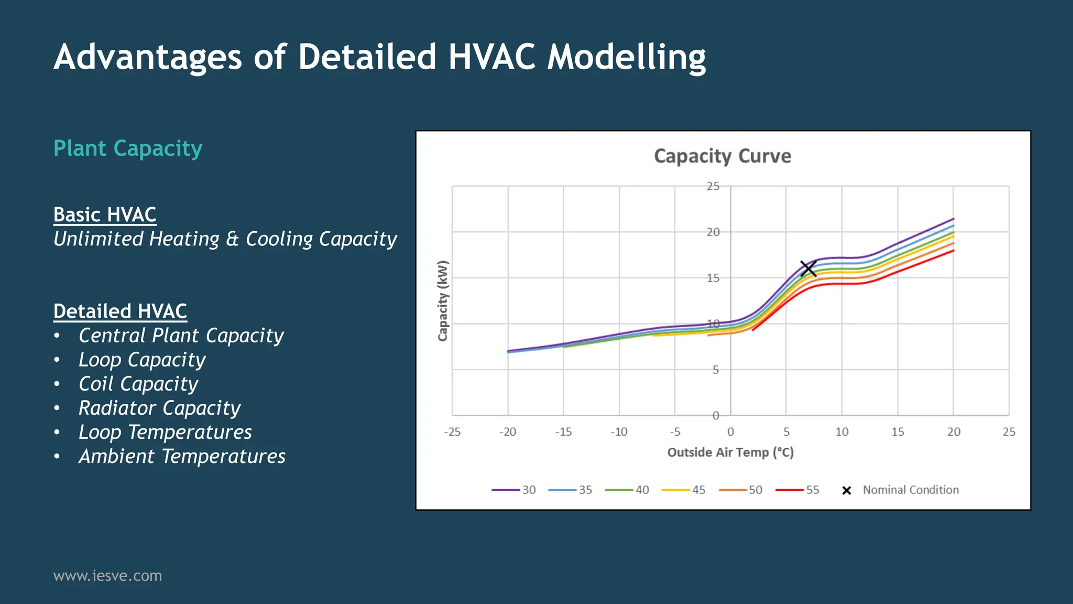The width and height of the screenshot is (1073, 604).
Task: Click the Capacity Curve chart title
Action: (722, 156)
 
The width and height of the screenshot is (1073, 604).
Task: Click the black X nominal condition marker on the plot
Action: (808, 268)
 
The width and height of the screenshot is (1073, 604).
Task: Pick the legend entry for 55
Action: (798, 490)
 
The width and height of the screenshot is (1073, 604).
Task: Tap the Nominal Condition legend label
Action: (911, 490)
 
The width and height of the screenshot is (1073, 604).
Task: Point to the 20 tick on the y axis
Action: (713, 232)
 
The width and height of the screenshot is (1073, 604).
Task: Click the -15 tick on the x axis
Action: (563, 432)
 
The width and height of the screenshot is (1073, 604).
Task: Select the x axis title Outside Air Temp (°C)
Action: (730, 452)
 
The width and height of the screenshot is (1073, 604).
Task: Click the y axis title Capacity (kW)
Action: (443, 300)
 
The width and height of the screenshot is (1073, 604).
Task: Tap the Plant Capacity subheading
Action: (128, 148)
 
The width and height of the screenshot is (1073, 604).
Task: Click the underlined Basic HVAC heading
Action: (105, 214)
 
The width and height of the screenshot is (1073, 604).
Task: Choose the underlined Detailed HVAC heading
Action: (120, 311)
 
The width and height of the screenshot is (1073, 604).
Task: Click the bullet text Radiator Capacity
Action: (159, 408)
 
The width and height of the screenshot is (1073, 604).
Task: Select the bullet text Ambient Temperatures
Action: (182, 456)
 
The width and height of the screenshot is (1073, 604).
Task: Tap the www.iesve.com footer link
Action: (107, 576)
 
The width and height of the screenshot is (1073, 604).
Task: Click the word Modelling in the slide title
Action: (626, 57)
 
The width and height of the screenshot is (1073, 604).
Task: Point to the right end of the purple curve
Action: (953, 219)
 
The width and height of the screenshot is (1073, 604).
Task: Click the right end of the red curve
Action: (953, 251)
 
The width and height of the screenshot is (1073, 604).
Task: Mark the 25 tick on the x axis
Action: (1009, 432)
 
